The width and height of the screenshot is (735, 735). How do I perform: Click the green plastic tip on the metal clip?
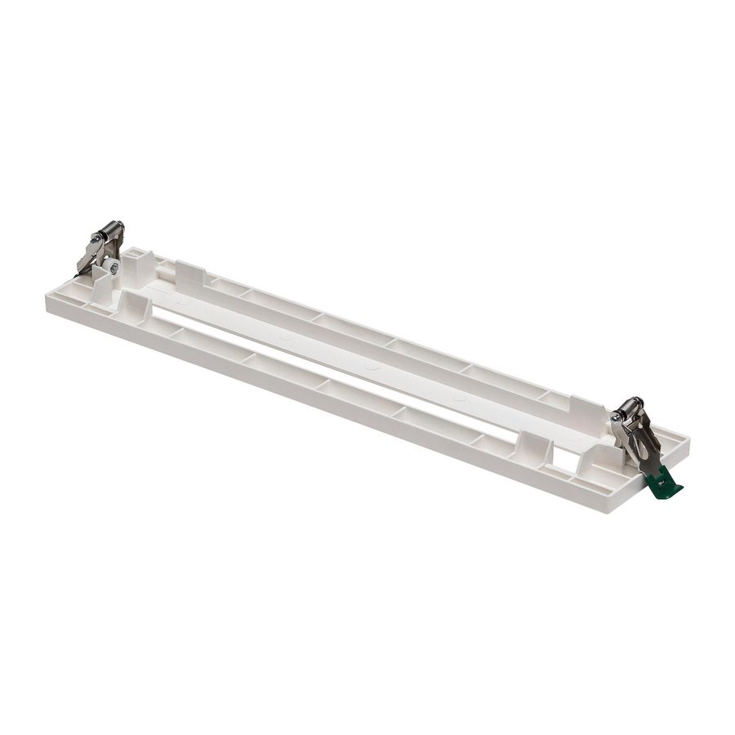click(665, 485)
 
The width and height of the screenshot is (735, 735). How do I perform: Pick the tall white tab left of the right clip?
click(587, 412)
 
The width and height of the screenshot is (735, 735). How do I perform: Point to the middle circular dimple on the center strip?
click(372, 367)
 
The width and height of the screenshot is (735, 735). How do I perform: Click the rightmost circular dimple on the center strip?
click(458, 398)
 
